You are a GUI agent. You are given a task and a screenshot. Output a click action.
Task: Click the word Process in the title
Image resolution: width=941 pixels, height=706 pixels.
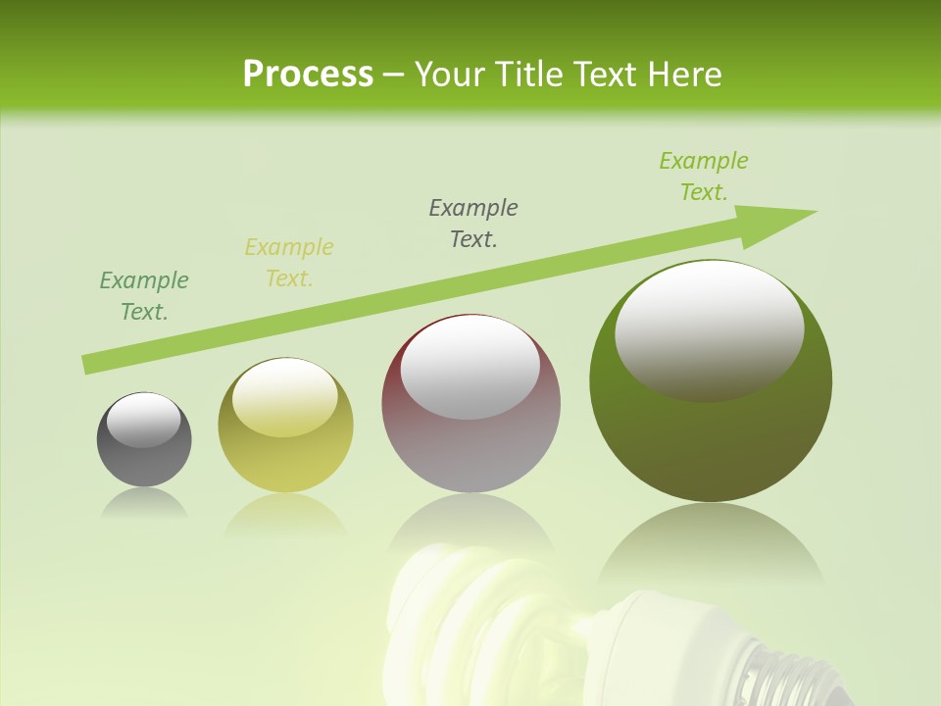[308, 75]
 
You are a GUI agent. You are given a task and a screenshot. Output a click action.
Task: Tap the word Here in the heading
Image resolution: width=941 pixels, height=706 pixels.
[686, 75]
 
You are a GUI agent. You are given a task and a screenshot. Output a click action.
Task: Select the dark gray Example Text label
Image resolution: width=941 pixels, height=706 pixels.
[473, 224]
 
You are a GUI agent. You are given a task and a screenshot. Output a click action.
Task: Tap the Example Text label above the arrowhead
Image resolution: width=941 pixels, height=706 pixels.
[704, 176]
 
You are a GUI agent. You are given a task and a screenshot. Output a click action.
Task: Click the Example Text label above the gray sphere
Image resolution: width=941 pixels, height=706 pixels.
[144, 296]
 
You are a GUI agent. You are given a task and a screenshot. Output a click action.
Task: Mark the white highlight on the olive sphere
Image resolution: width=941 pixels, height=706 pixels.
[710, 329]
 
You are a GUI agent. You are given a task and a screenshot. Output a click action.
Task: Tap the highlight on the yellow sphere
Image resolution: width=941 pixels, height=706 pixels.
[285, 397]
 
